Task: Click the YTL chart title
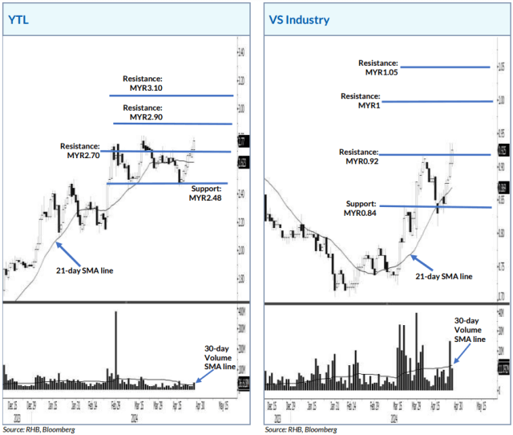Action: point(18,20)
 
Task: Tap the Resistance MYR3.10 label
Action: point(143,83)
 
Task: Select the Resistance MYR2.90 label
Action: point(143,112)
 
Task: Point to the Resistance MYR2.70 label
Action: point(80,151)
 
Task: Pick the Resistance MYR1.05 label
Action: point(378,67)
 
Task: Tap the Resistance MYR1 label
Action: point(360,100)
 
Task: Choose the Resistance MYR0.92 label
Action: point(358,156)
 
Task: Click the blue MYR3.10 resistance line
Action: point(170,96)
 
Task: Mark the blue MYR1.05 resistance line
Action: point(445,67)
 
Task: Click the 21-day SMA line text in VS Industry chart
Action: point(443,276)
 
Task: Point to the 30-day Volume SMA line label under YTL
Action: point(216,357)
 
